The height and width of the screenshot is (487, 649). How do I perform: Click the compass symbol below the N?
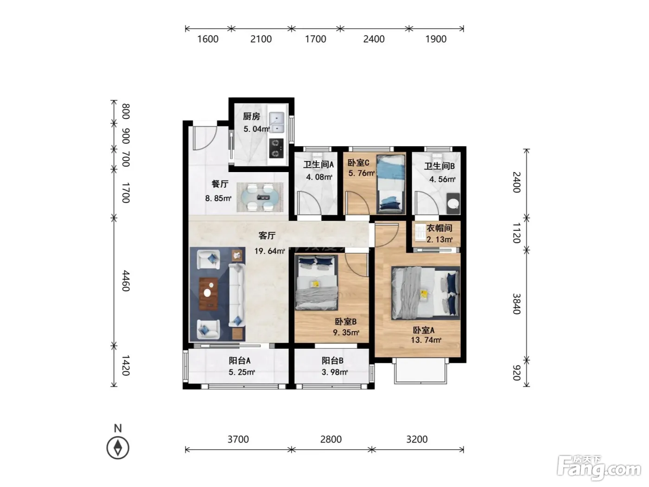(x=118, y=448)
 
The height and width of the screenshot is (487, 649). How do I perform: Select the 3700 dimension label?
(x=238, y=439)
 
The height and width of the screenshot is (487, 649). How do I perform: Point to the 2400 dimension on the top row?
(x=374, y=39)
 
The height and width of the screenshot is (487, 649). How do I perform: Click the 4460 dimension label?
(x=126, y=281)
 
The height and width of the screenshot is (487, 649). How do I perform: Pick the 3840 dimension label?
(x=516, y=304)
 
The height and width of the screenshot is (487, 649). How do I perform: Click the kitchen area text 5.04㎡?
(x=256, y=129)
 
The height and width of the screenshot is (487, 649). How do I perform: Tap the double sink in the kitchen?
(x=276, y=122)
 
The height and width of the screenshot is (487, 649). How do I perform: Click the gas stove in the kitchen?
(x=276, y=148)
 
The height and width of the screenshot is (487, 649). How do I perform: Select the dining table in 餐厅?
(x=260, y=197)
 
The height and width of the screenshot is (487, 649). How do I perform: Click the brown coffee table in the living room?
(x=209, y=294)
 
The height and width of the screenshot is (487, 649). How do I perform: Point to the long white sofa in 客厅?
(x=236, y=295)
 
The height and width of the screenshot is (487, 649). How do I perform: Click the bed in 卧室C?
(x=390, y=184)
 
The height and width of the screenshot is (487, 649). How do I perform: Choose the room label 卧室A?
(x=423, y=330)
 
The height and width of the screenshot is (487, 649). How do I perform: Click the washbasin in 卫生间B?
(x=453, y=204)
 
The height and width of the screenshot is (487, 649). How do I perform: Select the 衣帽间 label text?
(x=439, y=228)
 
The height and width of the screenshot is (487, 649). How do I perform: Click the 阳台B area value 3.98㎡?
(x=334, y=372)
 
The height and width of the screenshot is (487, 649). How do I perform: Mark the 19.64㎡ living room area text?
(x=269, y=251)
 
